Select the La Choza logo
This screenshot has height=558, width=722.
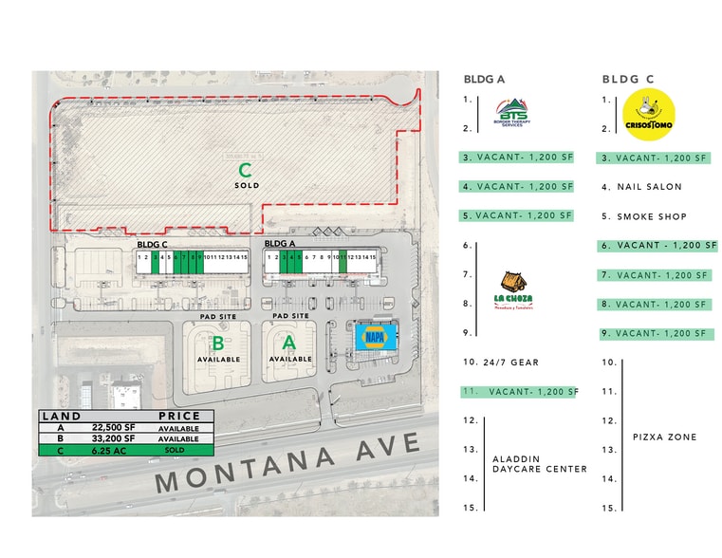tap(512, 288)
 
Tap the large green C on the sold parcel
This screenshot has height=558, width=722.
tap(245, 171)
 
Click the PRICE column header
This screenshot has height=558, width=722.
tap(178, 417)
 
